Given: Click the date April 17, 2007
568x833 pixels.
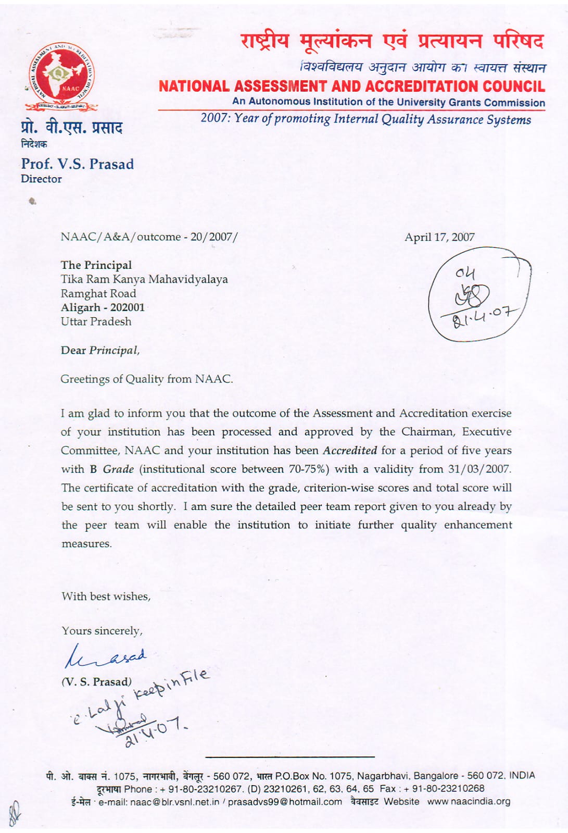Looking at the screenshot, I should click(x=439, y=237).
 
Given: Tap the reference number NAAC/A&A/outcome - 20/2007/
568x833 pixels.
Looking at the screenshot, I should click(x=149, y=237).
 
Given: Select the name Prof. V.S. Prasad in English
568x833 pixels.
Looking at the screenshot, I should click(x=77, y=164).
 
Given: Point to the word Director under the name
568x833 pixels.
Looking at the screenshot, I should click(x=41, y=179).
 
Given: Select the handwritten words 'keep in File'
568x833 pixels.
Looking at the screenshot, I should click(x=172, y=685).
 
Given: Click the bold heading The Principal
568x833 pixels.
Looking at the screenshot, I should click(x=96, y=265).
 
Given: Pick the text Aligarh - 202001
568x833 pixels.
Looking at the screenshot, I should click(x=103, y=307).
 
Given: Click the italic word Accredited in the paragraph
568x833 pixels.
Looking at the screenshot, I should click(x=350, y=450).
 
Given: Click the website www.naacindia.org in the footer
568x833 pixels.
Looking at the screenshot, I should click(x=469, y=801).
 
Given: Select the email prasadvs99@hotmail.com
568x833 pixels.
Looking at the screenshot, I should click(x=285, y=801).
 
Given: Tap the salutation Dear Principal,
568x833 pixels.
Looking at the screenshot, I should click(x=100, y=350).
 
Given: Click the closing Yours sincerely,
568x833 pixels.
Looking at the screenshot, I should click(x=102, y=630).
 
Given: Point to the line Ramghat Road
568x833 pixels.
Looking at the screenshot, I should click(x=98, y=293).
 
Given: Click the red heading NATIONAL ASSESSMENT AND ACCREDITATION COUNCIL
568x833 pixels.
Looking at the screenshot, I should click(x=352, y=86).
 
